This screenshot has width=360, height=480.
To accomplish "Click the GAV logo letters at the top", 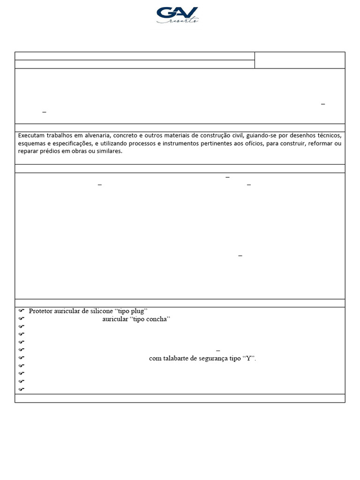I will pyautogui.click(x=177, y=13).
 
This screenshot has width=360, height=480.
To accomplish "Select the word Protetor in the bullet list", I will pyautogui.click(x=40, y=311).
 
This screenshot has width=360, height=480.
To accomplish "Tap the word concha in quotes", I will pyautogui.click(x=156, y=319).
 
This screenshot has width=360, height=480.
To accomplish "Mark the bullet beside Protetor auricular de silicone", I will pyautogui.click(x=21, y=311).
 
